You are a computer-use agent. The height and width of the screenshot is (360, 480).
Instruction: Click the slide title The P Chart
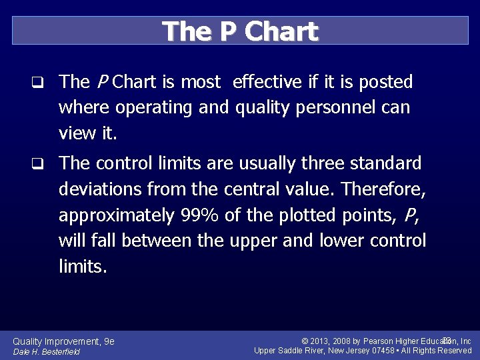click(240, 31)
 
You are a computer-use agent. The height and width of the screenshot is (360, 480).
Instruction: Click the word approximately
click(117, 215)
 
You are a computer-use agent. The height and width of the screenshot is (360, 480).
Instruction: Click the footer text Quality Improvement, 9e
click(64, 341)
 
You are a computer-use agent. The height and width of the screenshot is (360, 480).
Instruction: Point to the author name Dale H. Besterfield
click(46, 352)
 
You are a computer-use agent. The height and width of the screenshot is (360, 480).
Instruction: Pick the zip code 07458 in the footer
click(383, 351)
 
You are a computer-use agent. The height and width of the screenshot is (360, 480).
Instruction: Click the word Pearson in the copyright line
click(379, 341)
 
